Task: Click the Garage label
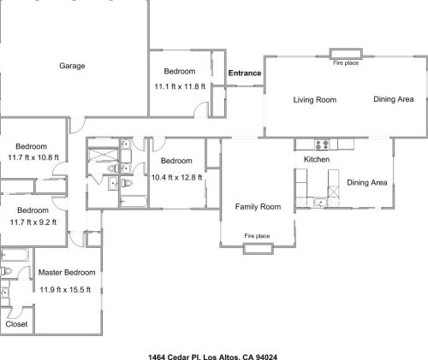coord(72,66)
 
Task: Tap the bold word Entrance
coord(245,73)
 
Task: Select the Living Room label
coord(315,100)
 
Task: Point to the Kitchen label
coord(317,159)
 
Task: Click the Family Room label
coord(258,207)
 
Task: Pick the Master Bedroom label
coord(67,272)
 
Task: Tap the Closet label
coord(16,324)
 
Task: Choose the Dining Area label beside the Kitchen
coord(367,182)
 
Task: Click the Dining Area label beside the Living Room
coord(394,99)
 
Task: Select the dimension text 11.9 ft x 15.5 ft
coord(65,290)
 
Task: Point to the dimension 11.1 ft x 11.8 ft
coord(180,86)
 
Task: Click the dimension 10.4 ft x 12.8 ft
coord(176,178)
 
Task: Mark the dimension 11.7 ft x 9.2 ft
coord(33,222)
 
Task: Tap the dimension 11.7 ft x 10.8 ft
coord(33,157)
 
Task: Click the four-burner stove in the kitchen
coord(322,144)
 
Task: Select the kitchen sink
coord(320,203)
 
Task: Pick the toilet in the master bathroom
coord(6,271)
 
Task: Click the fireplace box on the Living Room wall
coord(346,54)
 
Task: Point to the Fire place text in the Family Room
coord(257,236)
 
